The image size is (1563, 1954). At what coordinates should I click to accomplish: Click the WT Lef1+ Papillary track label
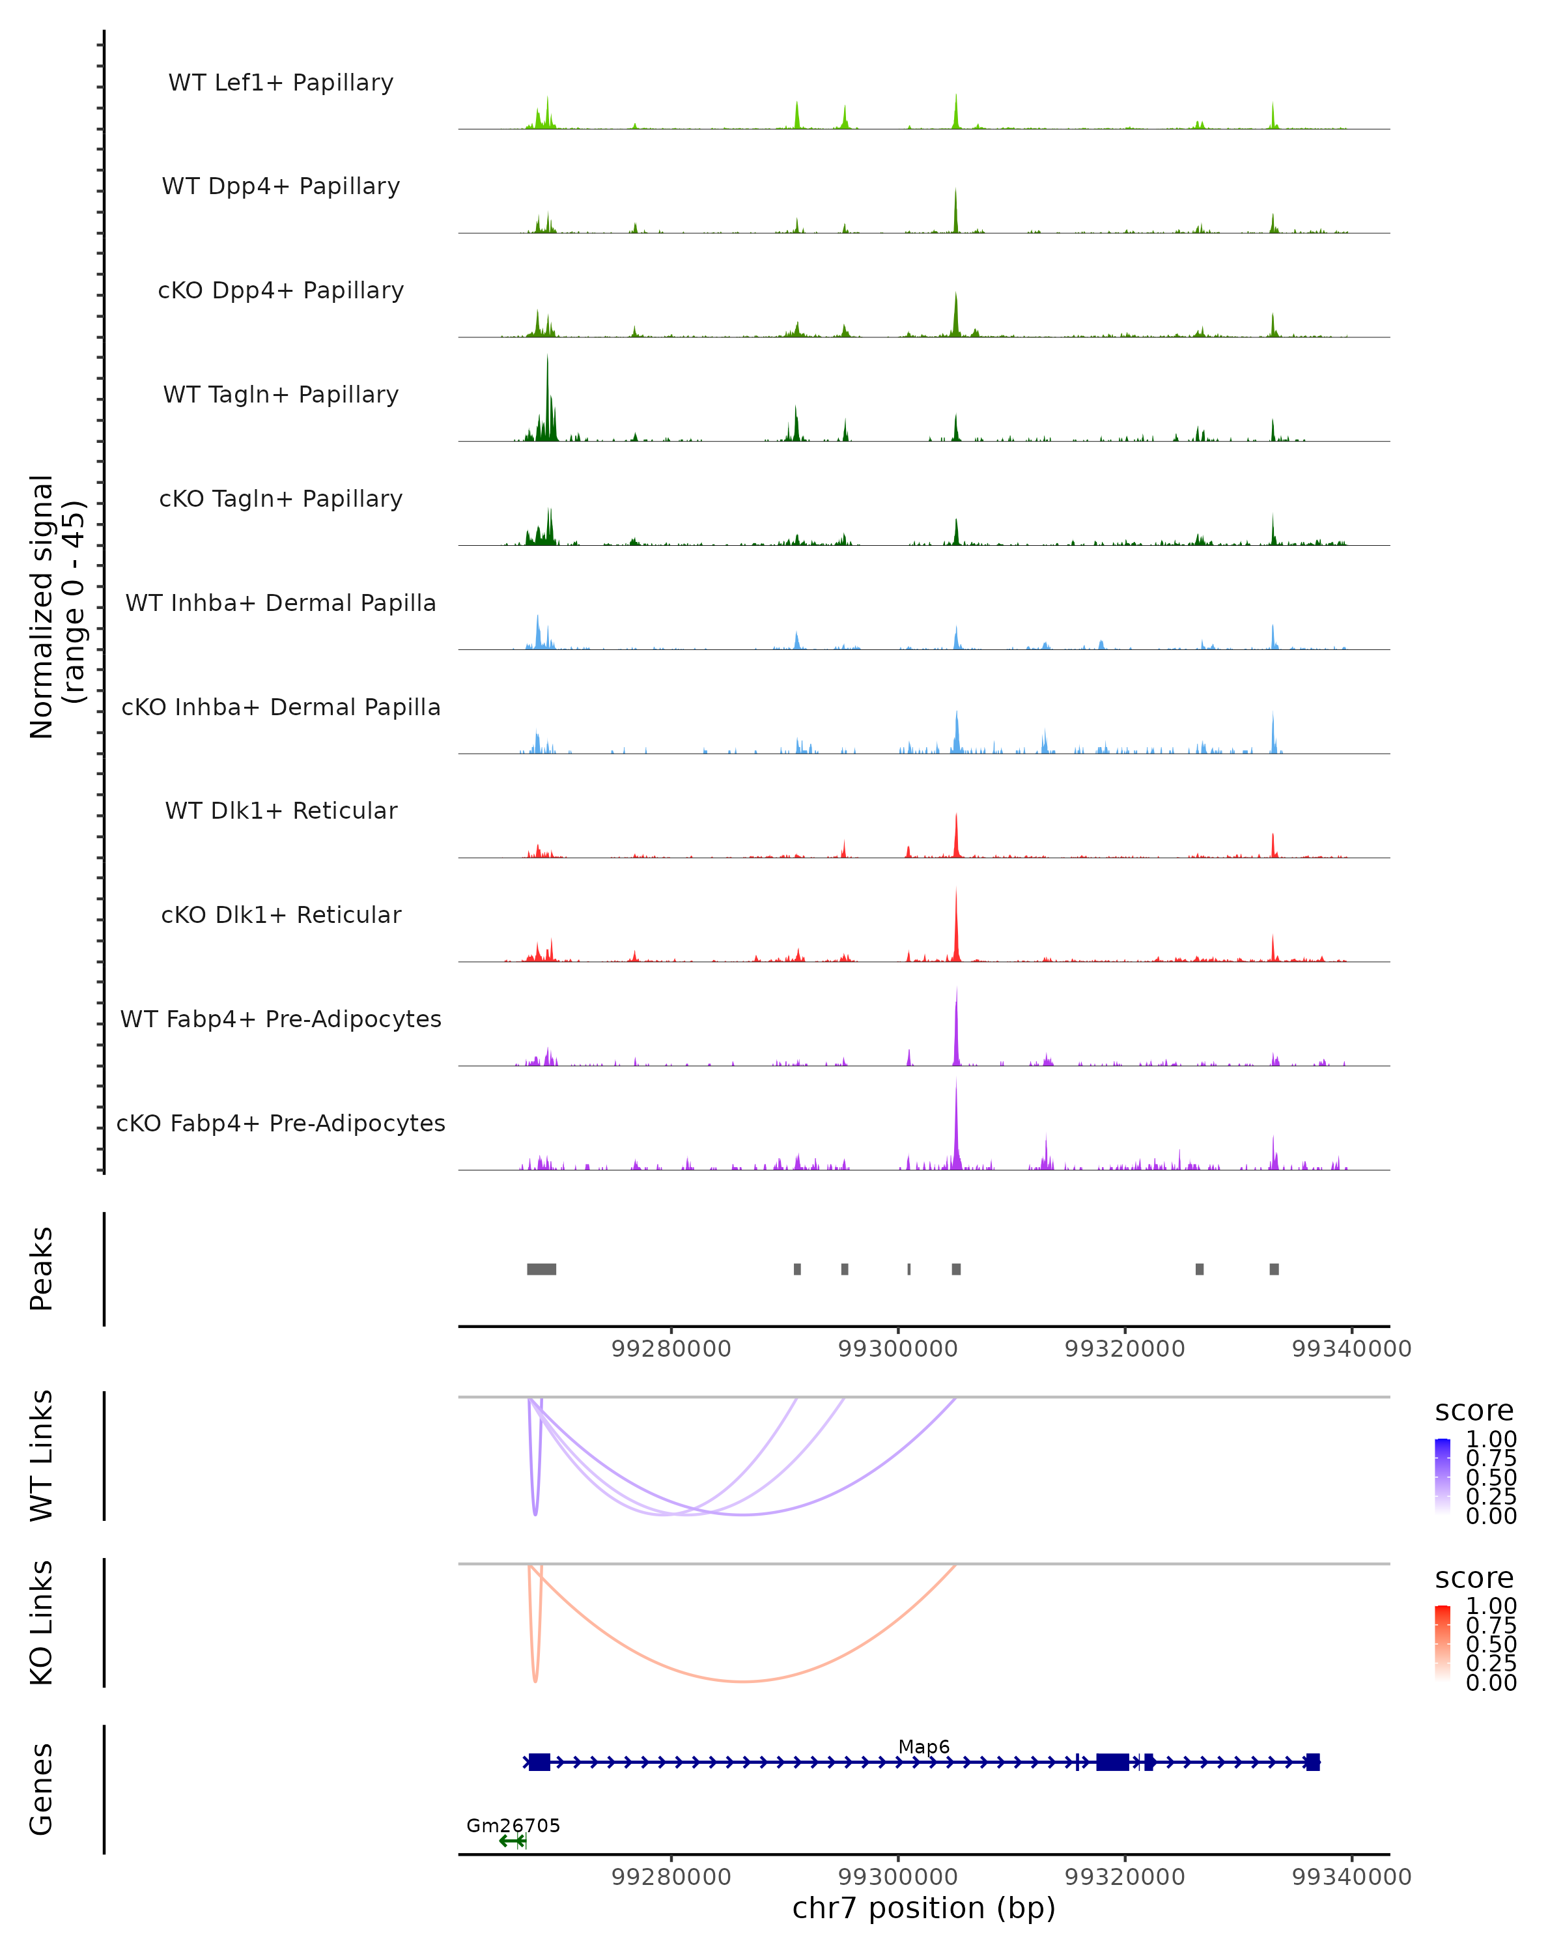click(x=281, y=83)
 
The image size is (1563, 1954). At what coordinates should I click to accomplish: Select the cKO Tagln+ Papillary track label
click(x=281, y=498)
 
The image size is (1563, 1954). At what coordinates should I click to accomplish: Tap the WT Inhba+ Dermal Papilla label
click(x=281, y=602)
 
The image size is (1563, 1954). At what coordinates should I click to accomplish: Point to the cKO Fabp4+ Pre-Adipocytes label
click(x=281, y=1123)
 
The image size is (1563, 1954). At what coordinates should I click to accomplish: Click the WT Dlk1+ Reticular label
click(x=281, y=810)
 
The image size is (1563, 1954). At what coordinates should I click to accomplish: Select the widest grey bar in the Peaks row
click(x=542, y=1269)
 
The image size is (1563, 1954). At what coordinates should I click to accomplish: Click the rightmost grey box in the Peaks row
click(x=1274, y=1269)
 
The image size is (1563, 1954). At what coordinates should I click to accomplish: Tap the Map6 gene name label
click(x=923, y=1746)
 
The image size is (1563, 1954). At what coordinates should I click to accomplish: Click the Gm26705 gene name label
click(x=513, y=1825)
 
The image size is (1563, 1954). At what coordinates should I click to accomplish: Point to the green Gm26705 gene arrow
click(x=512, y=1841)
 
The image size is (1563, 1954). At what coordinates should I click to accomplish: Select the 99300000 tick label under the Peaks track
click(x=898, y=1349)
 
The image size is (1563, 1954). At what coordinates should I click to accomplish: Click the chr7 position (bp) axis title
click(x=923, y=1908)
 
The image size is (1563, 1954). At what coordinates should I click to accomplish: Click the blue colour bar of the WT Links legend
click(x=1443, y=1477)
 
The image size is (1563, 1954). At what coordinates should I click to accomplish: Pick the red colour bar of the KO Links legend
click(x=1443, y=1643)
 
